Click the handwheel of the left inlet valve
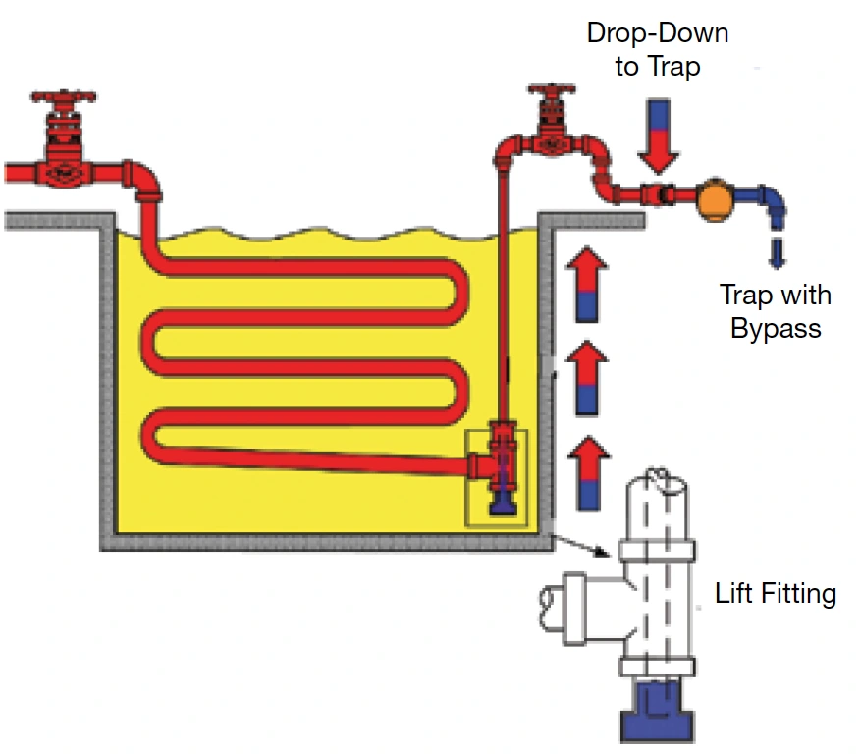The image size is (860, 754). tap(64, 97)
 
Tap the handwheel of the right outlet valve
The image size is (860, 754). tap(552, 89)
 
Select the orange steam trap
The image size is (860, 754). tap(716, 199)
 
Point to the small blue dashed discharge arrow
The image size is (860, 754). tap(777, 252)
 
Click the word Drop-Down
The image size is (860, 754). tap(658, 33)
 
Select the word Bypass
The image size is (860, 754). tap(776, 329)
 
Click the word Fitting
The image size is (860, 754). tap(798, 594)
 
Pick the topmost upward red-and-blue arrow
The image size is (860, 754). tap(587, 284)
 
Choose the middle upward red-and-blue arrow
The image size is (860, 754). tap(587, 378)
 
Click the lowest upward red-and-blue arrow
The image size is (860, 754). tap(588, 473)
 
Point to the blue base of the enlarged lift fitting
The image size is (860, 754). tap(658, 711)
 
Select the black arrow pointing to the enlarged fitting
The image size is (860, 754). tap(580, 545)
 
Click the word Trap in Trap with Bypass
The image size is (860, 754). tap(744, 295)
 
